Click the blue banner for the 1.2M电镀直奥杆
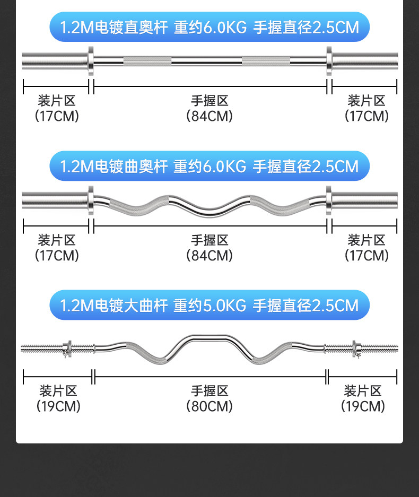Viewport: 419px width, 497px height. pyautogui.click(x=210, y=27)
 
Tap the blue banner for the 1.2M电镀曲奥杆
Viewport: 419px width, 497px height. pyautogui.click(x=210, y=166)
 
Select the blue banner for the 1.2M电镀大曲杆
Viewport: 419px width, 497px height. pyautogui.click(x=210, y=306)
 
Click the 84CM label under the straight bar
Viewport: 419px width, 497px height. pyautogui.click(x=210, y=116)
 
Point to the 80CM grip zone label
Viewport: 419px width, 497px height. pyautogui.click(x=210, y=406)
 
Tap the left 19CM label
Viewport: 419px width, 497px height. pyautogui.click(x=58, y=406)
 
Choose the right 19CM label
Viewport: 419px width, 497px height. pyautogui.click(x=363, y=406)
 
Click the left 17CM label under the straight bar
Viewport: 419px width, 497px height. pyautogui.click(x=57, y=116)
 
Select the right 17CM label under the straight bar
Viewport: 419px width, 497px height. pyautogui.click(x=366, y=116)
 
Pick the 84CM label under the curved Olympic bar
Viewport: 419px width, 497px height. pyautogui.click(x=210, y=255)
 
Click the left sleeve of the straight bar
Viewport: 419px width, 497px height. pyautogui.click(x=53, y=61)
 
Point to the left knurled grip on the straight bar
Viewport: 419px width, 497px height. pyautogui.click(x=147, y=60)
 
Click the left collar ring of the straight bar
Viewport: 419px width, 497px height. pyautogui.click(x=91, y=61)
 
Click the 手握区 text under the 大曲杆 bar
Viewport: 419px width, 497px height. pyautogui.click(x=210, y=391)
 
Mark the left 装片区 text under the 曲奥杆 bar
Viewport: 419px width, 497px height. pyautogui.click(x=57, y=240)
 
